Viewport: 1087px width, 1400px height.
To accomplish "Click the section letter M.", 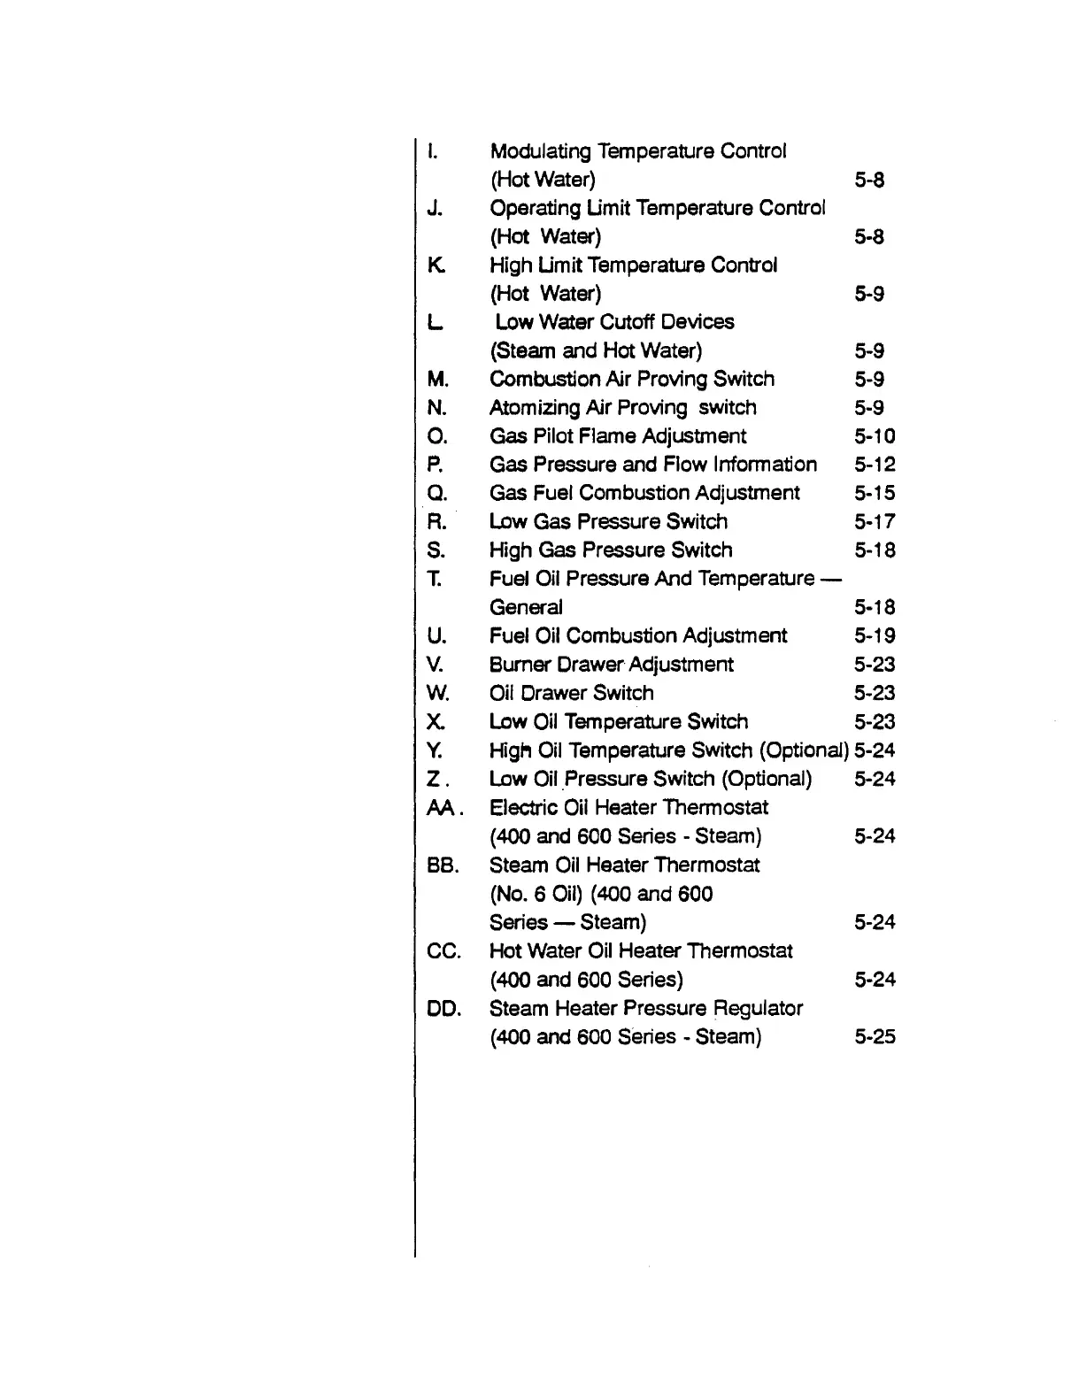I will (438, 380).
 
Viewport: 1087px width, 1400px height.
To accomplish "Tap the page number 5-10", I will (875, 436).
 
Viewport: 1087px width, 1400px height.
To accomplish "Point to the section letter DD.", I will (443, 1009).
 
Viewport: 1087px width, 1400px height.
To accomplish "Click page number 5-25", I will (875, 1037).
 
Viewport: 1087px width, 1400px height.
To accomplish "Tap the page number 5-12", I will (875, 465).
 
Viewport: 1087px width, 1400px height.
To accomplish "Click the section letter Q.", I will (437, 494).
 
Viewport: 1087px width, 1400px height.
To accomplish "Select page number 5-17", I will (875, 522).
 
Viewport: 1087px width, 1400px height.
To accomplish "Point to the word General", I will (526, 608).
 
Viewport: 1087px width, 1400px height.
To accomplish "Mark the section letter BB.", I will (443, 865).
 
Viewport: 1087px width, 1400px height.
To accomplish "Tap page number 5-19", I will (875, 636).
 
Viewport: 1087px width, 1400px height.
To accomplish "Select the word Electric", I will (523, 808).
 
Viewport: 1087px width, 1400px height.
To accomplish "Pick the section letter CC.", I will (443, 951).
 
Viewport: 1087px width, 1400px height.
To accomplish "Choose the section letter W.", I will (438, 694).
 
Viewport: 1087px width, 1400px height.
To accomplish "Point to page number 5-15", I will (875, 494).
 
